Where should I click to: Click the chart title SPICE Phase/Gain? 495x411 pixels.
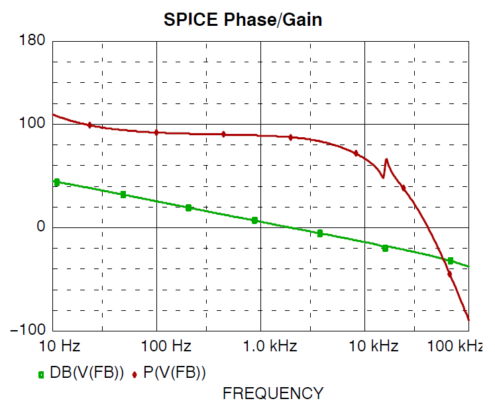point(243,20)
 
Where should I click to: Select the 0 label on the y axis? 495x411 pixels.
point(40,227)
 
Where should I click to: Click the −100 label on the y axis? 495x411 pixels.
point(28,330)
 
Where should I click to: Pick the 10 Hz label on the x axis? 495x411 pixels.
point(60,346)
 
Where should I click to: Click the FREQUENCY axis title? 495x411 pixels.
point(273,393)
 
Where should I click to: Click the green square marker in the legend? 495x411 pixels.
point(42,375)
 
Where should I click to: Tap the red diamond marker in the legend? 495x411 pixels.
point(135,375)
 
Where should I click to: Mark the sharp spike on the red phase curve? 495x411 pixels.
point(386,160)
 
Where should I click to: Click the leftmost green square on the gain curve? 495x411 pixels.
point(56,182)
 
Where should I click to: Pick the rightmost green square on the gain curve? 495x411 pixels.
point(451,261)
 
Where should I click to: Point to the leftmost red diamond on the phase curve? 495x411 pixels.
point(89,125)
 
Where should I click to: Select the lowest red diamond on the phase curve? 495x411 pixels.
point(450,274)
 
